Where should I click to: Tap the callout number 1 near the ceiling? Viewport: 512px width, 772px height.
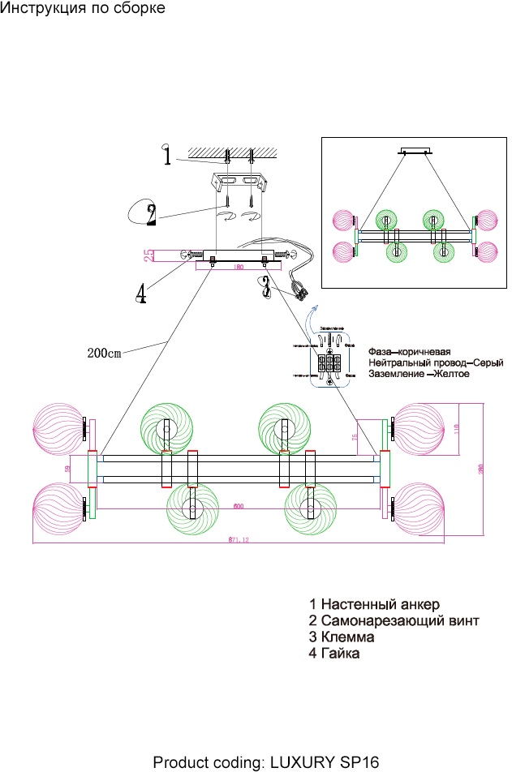pos(166,155)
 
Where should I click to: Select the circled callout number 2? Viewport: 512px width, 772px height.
pos(150,213)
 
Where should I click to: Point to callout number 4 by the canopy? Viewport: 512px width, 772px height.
pos(141,292)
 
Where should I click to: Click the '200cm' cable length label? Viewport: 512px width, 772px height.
pos(103,353)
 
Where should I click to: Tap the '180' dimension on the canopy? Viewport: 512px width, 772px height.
pos(238,267)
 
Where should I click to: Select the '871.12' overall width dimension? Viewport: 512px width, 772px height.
pos(237,538)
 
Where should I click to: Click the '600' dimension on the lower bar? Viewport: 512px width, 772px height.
pos(239,507)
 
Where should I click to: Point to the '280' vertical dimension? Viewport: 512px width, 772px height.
pos(480,470)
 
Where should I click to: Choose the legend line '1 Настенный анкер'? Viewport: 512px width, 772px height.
pos(374,605)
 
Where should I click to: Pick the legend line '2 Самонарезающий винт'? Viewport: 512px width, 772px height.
pos(394,621)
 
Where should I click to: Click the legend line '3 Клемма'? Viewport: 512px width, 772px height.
pos(342,637)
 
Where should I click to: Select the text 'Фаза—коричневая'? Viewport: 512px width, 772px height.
pos(409,352)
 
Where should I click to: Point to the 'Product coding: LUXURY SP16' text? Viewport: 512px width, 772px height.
pos(266,762)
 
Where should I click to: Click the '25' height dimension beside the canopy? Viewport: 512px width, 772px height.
pos(149,255)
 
